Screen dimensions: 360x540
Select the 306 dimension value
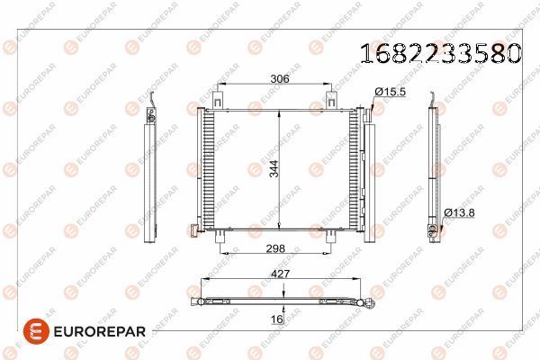[280, 79]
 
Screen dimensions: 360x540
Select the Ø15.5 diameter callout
[391, 92]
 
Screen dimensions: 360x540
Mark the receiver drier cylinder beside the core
[369, 175]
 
